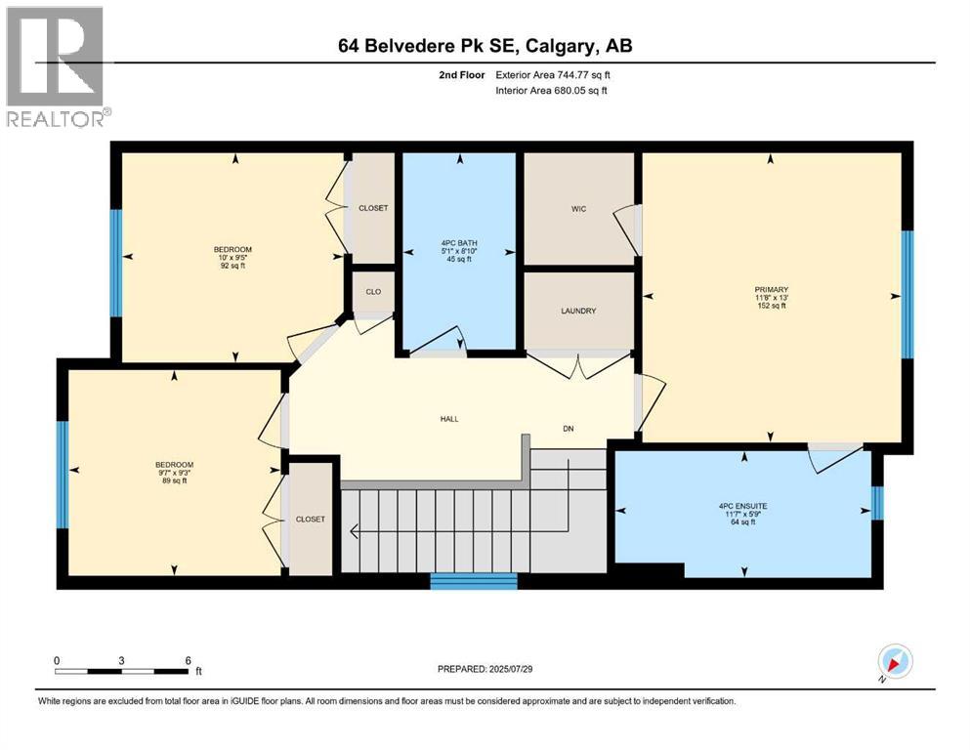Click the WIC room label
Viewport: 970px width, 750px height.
[578, 209]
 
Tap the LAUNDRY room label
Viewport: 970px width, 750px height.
[578, 312]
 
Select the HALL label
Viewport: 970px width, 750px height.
[448, 419]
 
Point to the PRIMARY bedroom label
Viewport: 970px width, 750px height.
[770, 288]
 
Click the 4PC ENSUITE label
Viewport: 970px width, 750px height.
[744, 506]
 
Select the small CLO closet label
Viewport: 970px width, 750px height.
[372, 290]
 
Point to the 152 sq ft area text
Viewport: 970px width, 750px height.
[770, 306]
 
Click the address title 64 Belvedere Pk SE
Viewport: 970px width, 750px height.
[479, 46]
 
